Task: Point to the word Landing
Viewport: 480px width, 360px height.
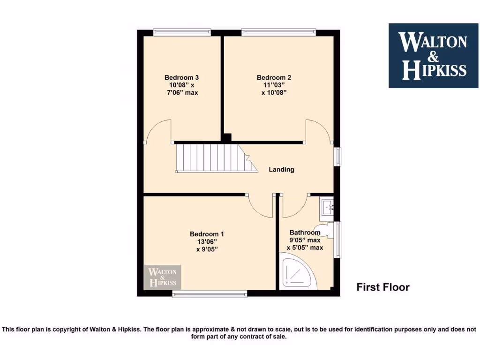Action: pyautogui.click(x=281, y=169)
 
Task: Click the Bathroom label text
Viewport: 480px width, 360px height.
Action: pyautogui.click(x=305, y=232)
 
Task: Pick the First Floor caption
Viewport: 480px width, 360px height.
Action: pyautogui.click(x=382, y=287)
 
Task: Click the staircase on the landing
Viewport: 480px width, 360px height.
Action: pyautogui.click(x=216, y=158)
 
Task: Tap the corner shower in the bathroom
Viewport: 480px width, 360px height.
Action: pyautogui.click(x=295, y=272)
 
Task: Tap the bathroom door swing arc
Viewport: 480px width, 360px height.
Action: pyautogui.click(x=293, y=206)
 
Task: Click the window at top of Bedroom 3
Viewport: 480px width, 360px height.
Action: pyautogui.click(x=182, y=32)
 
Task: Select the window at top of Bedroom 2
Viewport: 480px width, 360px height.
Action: pyautogui.click(x=278, y=32)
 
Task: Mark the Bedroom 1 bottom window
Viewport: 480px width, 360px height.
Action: pyautogui.click(x=209, y=294)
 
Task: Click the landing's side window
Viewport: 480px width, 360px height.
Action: pyautogui.click(x=337, y=156)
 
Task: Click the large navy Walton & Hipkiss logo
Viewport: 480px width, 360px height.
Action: pyautogui.click(x=433, y=55)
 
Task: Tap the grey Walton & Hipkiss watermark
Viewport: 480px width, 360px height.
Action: pyautogui.click(x=162, y=277)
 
